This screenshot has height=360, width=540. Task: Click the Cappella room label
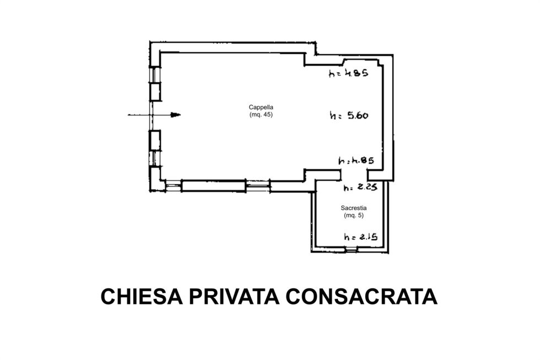tap(261, 107)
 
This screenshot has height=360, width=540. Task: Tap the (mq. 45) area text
tap(261, 115)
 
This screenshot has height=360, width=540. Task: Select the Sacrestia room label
tap(354, 208)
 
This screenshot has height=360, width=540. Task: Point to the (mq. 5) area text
tap(354, 216)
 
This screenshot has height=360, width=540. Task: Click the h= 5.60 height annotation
tap(349, 115)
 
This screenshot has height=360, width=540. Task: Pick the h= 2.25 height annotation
tap(360, 187)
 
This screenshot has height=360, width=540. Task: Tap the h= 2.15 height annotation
tap(360, 237)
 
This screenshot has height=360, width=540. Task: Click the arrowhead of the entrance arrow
tap(176, 115)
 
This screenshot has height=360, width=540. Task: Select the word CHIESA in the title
tap(142, 297)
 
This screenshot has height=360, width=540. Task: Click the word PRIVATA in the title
tap(234, 297)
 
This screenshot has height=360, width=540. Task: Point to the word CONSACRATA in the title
tap(361, 297)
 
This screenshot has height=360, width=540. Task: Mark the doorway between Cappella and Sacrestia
tap(354, 175)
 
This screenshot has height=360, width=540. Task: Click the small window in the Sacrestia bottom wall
tap(351, 249)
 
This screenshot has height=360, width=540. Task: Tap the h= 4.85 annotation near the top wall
tap(348, 73)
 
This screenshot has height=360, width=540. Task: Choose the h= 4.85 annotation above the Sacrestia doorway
tap(356, 160)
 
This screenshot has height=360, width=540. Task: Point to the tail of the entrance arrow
tap(128, 115)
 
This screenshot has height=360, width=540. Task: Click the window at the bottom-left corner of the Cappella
tap(173, 186)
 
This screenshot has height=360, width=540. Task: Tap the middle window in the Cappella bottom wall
tap(258, 186)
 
